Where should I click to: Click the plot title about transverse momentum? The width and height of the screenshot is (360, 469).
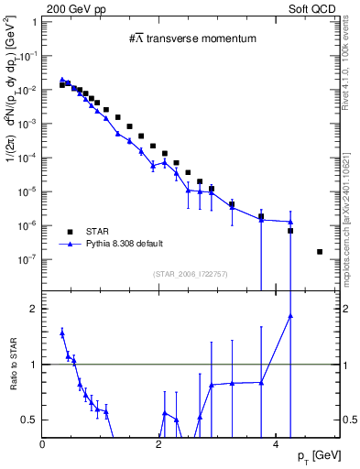point(191,38)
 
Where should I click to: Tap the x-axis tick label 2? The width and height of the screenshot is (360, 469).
point(159,445)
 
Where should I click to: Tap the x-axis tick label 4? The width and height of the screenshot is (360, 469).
point(276,445)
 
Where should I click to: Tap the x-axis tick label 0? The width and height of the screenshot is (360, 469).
point(43,445)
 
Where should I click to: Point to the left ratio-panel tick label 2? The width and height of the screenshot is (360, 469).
point(34,309)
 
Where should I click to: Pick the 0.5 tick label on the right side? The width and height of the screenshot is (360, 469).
point(349,420)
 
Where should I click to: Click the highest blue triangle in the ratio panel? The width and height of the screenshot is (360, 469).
point(290,316)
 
